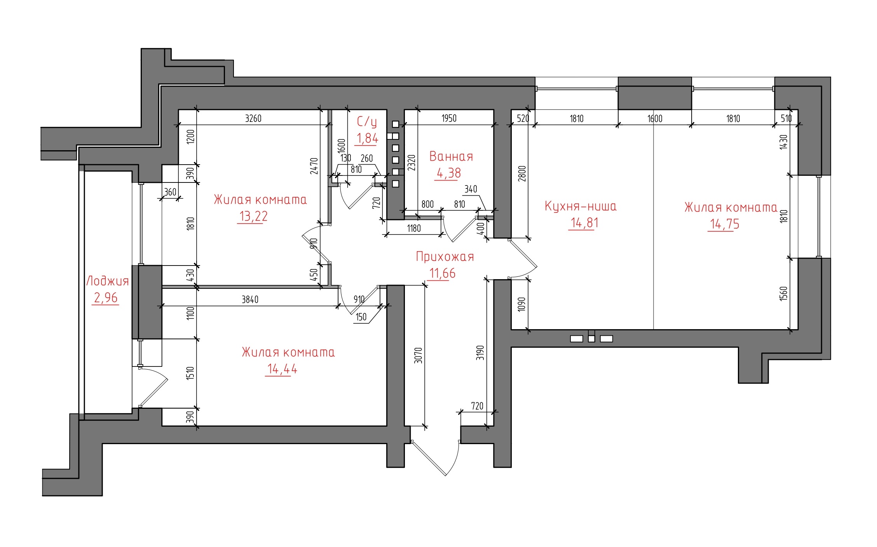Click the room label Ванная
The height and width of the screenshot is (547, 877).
pyautogui.click(x=451, y=156)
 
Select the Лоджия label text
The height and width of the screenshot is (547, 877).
pyautogui.click(x=107, y=281)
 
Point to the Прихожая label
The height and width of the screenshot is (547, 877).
pyautogui.click(x=445, y=257)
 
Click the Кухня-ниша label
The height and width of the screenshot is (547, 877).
pyautogui.click(x=581, y=206)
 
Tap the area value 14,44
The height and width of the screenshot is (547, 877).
pyautogui.click(x=282, y=369)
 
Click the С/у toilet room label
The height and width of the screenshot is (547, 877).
pyautogui.click(x=367, y=122)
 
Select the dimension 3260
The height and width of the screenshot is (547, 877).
pyautogui.click(x=253, y=118)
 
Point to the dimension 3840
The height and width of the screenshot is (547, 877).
pyautogui.click(x=250, y=299)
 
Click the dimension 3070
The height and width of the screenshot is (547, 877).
pyautogui.click(x=418, y=355)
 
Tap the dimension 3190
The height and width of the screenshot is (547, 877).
pyautogui.click(x=481, y=353)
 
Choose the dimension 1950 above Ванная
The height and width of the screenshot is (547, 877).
pyautogui.click(x=449, y=118)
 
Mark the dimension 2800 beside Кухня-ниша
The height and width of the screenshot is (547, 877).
pyautogui.click(x=522, y=174)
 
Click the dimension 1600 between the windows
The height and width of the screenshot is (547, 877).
pyautogui.click(x=655, y=118)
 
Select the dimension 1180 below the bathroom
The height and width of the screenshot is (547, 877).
pyautogui.click(x=414, y=228)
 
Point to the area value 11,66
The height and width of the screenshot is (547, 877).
pyautogui.click(x=442, y=274)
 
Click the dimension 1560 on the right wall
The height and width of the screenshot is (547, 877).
pyautogui.click(x=783, y=293)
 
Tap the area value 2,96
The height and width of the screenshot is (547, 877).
pyautogui.click(x=106, y=298)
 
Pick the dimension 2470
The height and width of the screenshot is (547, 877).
pyautogui.click(x=314, y=166)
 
